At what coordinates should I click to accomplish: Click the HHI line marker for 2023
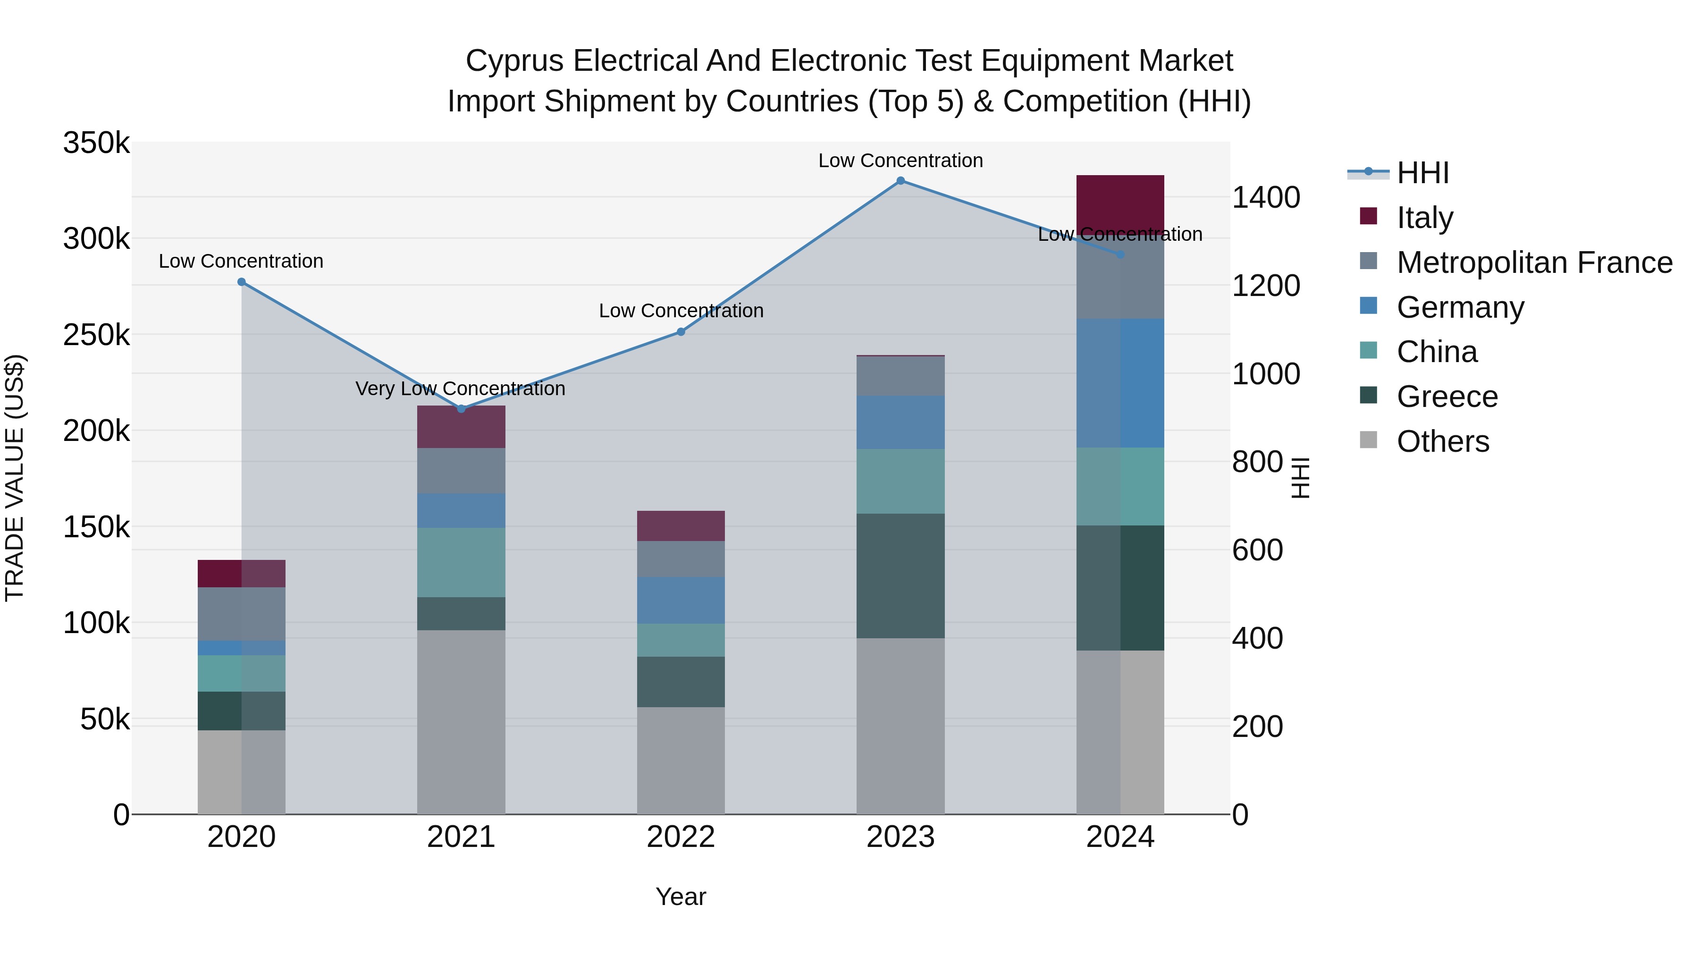point(900,181)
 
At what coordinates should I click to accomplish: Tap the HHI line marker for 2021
point(461,409)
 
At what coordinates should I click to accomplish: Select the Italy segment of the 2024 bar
point(1120,201)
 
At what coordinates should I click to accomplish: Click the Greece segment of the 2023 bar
point(900,575)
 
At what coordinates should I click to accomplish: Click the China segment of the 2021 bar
point(461,562)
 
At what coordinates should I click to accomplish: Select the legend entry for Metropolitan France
point(1534,262)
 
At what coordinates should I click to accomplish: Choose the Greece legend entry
point(1447,397)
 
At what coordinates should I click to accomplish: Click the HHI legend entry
point(1422,173)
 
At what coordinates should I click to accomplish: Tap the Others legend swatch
point(1369,440)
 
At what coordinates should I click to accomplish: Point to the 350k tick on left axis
point(96,143)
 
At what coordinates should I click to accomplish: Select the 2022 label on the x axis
point(681,837)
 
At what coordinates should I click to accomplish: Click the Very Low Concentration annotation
point(460,389)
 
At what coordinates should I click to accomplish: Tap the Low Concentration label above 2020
point(241,261)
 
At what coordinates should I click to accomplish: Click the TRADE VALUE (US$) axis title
point(15,478)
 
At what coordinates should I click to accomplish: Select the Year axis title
point(681,897)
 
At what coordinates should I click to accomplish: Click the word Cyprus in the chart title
point(514,61)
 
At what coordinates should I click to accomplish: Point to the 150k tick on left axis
point(96,527)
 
